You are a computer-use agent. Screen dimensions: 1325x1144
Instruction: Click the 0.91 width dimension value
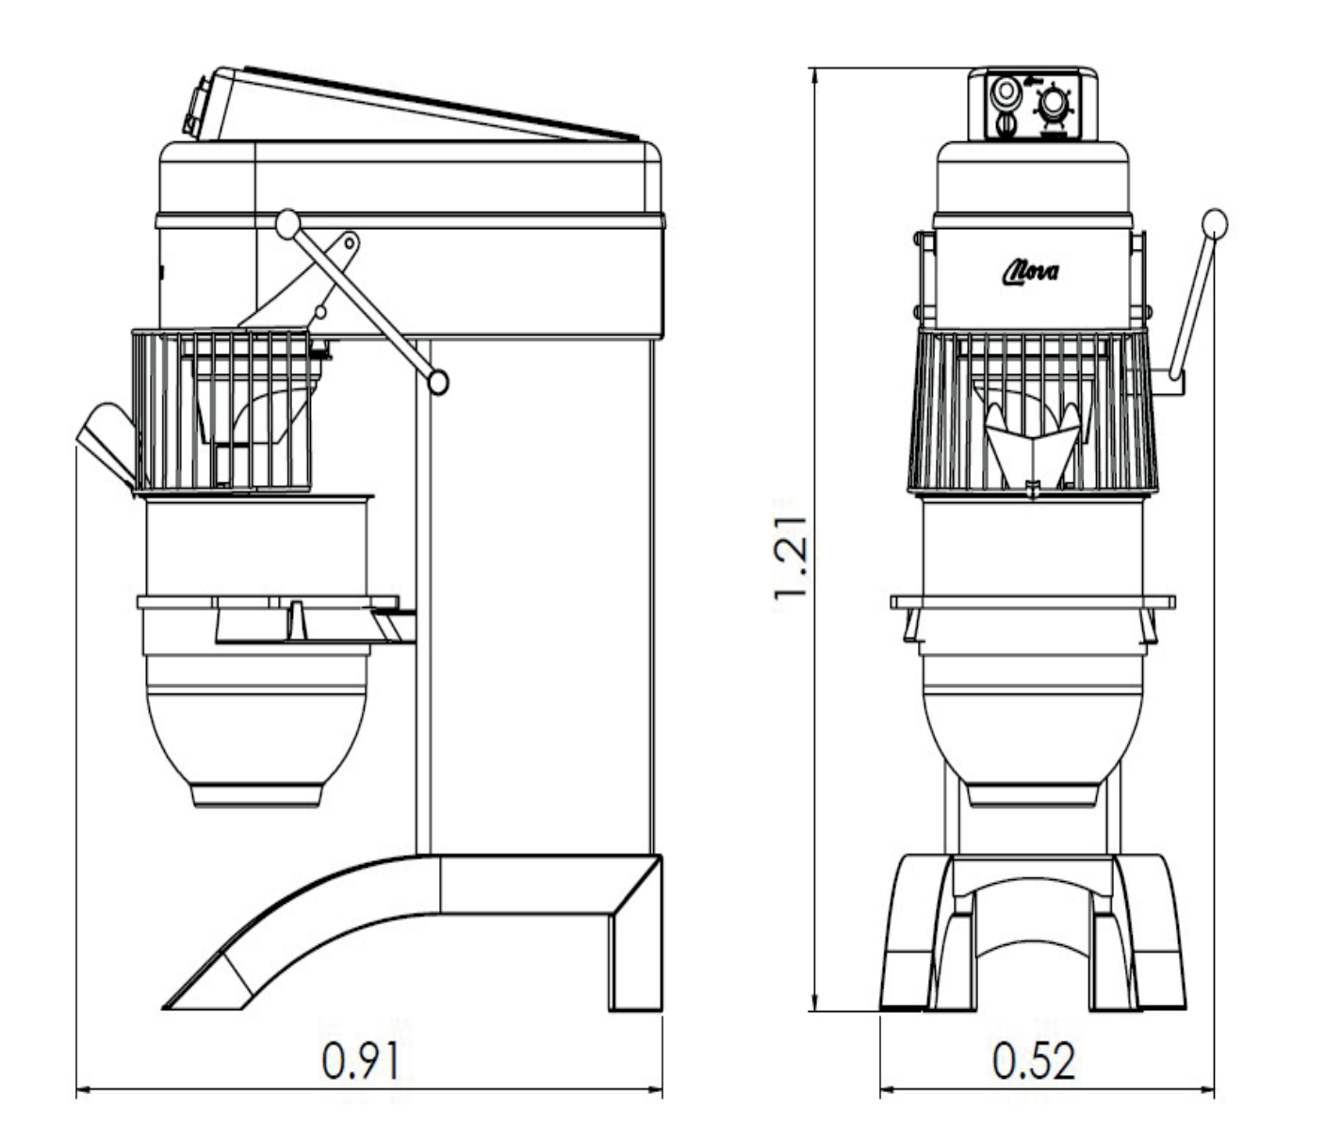pyautogui.click(x=360, y=1061)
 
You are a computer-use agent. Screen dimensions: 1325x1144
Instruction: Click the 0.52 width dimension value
pyautogui.click(x=1034, y=1061)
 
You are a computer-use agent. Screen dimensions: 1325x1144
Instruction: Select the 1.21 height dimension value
pyautogui.click(x=790, y=558)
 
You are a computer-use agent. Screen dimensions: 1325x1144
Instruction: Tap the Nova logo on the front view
pyautogui.click(x=1031, y=273)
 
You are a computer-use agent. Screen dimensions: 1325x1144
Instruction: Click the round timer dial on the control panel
pyautogui.click(x=1052, y=106)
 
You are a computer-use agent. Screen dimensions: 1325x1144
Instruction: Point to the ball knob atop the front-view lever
pyautogui.click(x=1214, y=223)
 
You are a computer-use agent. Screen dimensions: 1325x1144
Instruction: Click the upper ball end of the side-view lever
pyautogui.click(x=287, y=223)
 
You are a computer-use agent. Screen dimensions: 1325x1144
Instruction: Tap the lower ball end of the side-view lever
pyautogui.click(x=438, y=383)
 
